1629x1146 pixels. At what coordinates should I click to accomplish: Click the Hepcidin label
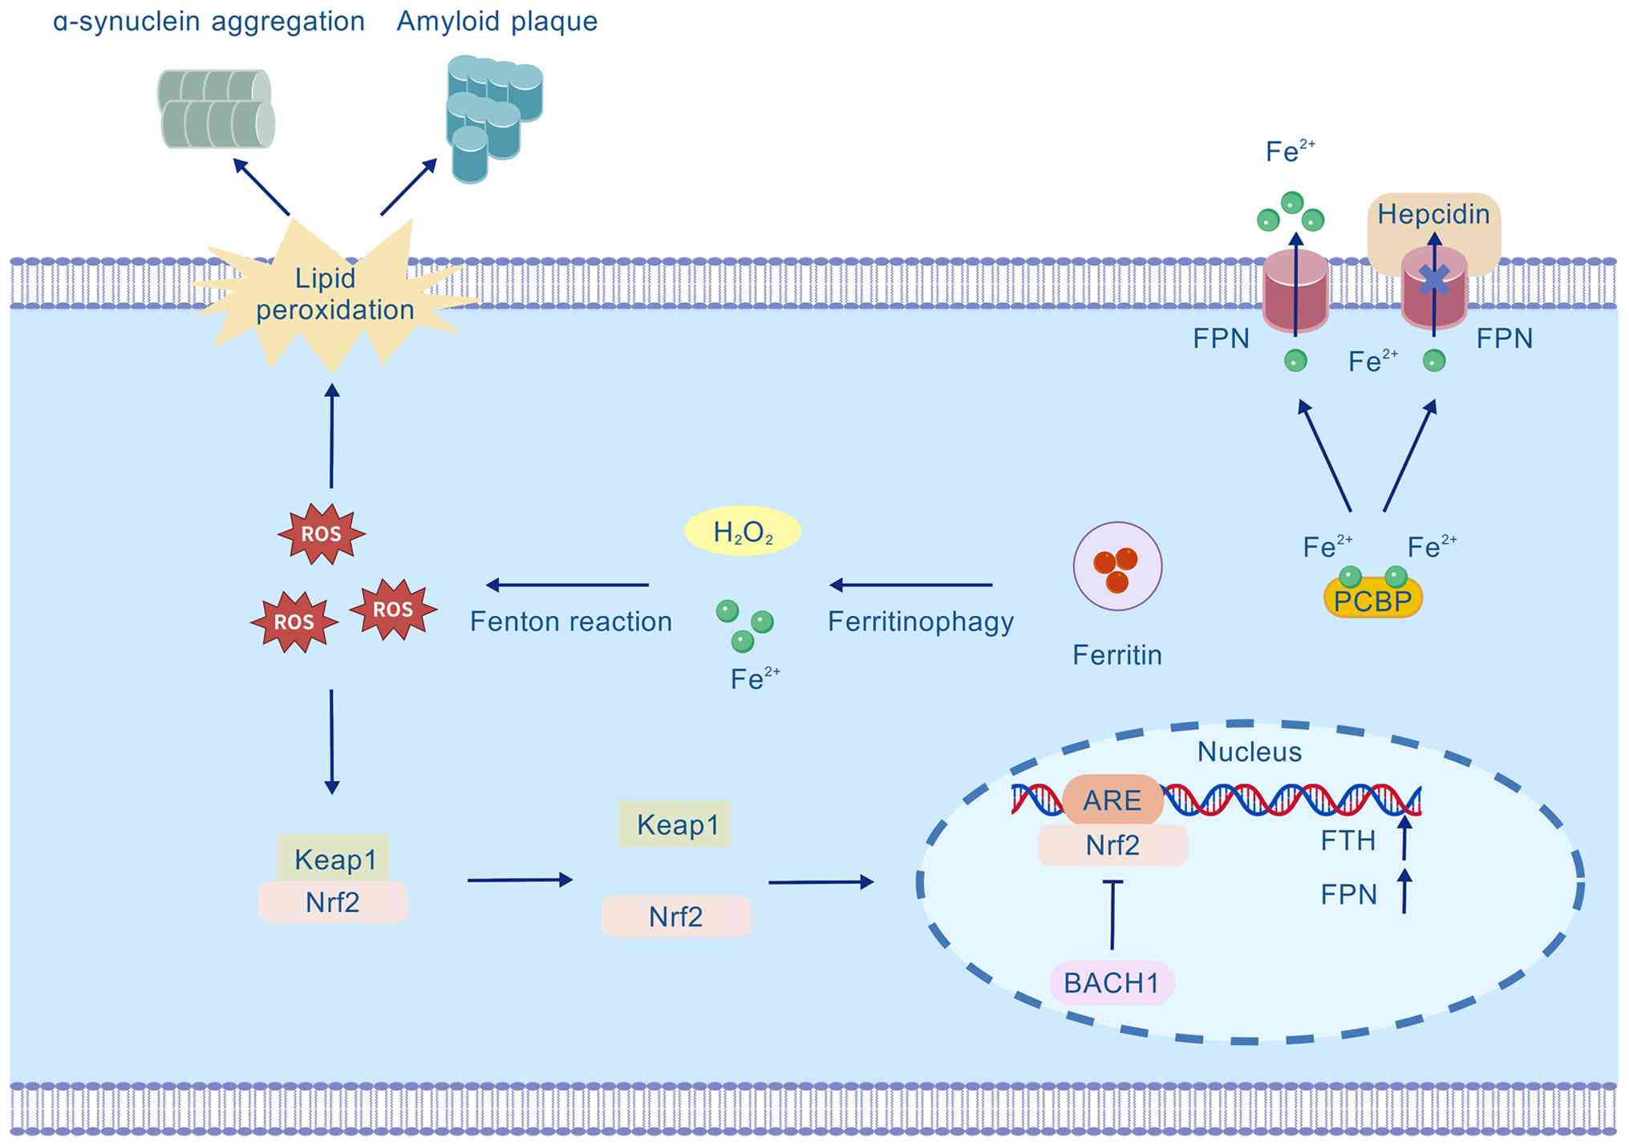pos(1433,214)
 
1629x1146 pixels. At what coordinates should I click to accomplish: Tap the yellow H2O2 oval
pos(743,531)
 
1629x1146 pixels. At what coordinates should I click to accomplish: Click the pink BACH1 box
pos(1112,982)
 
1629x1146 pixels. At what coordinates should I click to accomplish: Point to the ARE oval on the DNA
pos(1112,800)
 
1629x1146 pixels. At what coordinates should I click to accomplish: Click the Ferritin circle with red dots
pos(1117,566)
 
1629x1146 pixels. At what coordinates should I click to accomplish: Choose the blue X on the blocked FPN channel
pos(1435,279)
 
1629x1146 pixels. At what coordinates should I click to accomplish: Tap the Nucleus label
pos(1249,751)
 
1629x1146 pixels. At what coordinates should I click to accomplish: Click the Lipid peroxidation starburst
pos(334,294)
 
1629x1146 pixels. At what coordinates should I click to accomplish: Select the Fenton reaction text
pos(570,622)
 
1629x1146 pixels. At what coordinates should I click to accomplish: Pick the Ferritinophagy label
pos(921,622)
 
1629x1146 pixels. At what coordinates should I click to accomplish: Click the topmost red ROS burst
pos(321,533)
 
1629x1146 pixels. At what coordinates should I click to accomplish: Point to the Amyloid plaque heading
pos(497,21)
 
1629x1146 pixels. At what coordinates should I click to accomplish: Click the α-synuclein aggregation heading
pos(209,21)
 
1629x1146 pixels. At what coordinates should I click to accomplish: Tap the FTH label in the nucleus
pos(1348,840)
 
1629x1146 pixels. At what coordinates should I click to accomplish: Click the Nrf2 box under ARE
pos(1112,845)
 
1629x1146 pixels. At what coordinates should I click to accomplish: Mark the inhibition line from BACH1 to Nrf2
pos(1112,914)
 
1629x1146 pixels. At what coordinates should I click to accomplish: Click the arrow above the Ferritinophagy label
pos(911,585)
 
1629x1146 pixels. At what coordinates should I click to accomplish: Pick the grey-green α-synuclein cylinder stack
pos(215,109)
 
